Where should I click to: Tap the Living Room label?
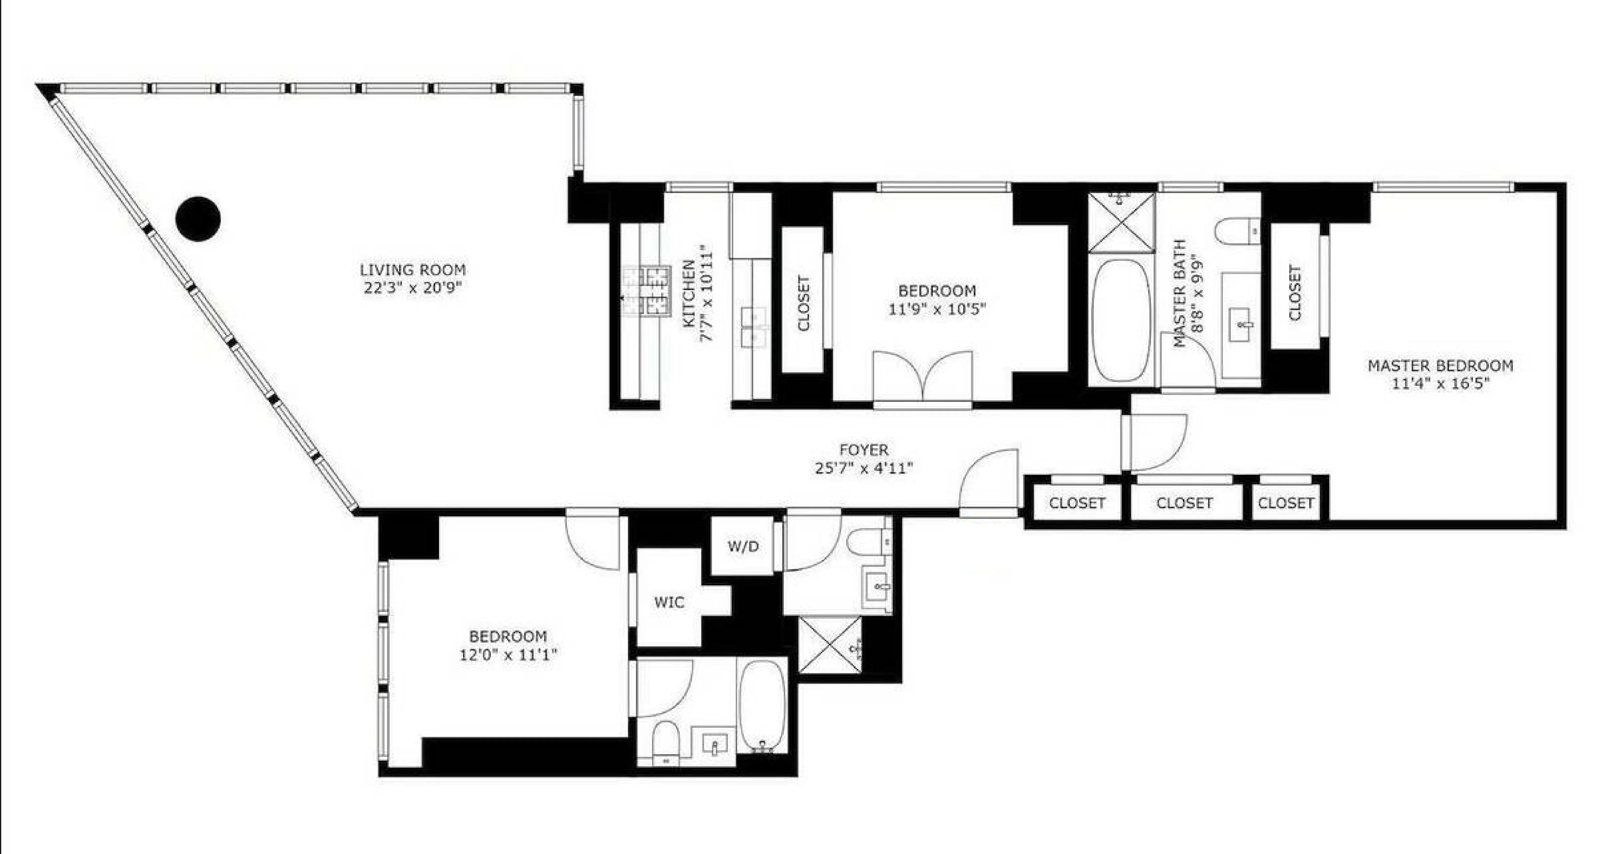[x=412, y=270]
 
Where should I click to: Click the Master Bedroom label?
[x=1440, y=366]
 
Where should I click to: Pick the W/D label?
[x=743, y=546]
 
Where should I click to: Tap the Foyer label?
[x=863, y=450]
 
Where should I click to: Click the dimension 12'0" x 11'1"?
[x=508, y=655]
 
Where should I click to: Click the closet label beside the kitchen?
[x=803, y=303]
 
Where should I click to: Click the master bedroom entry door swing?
[x=1154, y=441]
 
